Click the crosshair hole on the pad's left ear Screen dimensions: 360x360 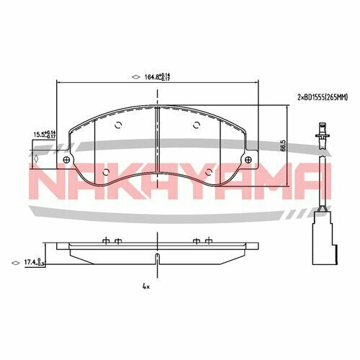click(67, 160)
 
